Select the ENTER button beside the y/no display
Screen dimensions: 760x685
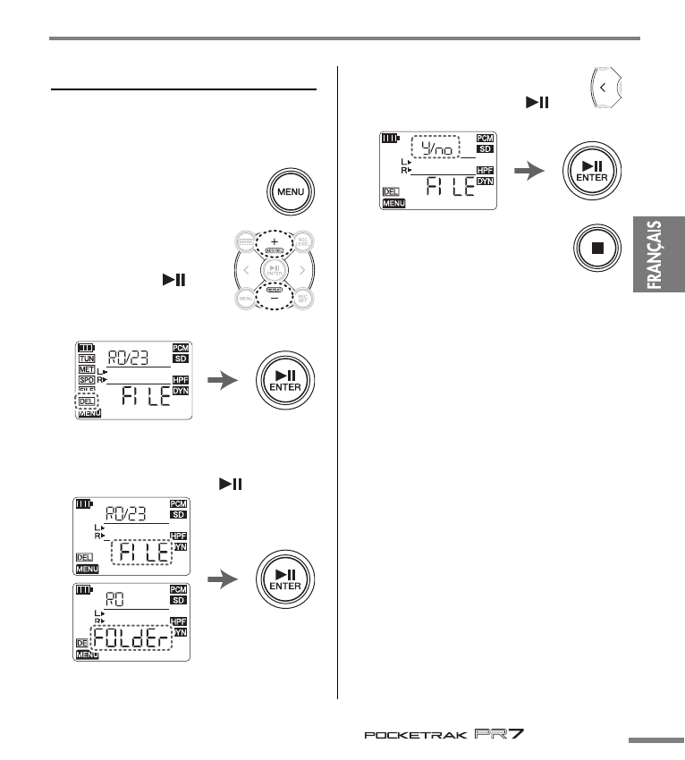tap(589, 172)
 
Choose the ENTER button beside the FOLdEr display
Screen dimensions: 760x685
tap(285, 579)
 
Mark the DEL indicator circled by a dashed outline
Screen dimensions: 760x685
tap(88, 401)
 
